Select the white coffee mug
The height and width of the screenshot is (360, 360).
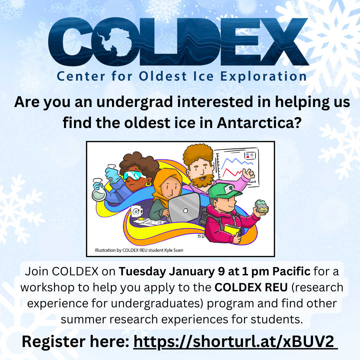click(136, 211)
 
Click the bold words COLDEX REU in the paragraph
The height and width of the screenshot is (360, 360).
click(251, 287)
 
